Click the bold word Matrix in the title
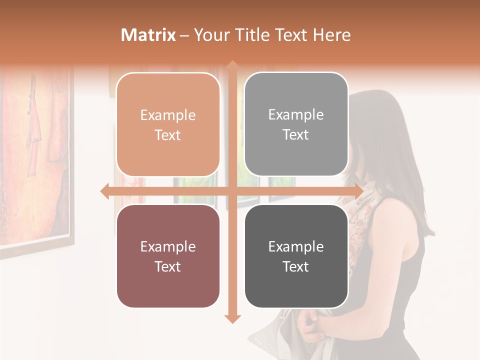[148, 35]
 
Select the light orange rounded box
[168, 124]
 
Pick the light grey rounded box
[296, 124]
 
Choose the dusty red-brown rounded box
[168, 256]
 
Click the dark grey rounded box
[296, 256]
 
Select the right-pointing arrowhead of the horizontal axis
[358, 191]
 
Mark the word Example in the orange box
[168, 115]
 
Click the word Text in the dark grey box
[296, 266]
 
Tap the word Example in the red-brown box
[168, 246]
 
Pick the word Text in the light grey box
[296, 134]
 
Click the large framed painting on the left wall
[35, 155]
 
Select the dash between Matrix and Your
[184, 35]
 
